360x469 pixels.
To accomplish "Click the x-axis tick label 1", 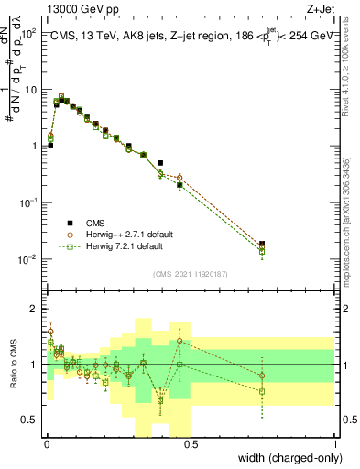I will [335, 444].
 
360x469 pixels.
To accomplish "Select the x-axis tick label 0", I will [45, 444].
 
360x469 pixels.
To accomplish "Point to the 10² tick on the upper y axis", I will [27, 33].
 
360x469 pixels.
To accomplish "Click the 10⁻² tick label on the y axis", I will [27, 260].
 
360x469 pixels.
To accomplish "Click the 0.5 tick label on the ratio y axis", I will [30, 420].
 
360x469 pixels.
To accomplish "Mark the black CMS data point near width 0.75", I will [262, 244].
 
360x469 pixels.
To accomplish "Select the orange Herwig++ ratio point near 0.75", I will [262, 376].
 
